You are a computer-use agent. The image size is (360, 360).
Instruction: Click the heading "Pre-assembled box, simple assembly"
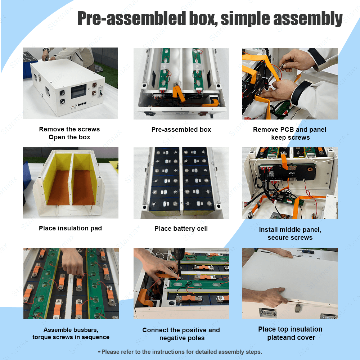click(x=210, y=19)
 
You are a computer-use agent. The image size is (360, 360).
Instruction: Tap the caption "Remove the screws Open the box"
click(x=69, y=133)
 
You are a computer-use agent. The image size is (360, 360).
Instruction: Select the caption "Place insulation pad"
click(x=70, y=228)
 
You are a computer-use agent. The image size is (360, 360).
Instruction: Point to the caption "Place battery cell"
click(x=181, y=229)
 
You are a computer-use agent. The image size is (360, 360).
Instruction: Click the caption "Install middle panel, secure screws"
click(x=290, y=234)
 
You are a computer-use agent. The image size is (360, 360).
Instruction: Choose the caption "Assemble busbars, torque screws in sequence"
click(x=71, y=333)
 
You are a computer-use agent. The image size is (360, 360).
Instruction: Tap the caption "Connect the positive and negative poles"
click(x=181, y=334)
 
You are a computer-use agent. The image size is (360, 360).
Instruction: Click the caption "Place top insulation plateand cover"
click(x=290, y=333)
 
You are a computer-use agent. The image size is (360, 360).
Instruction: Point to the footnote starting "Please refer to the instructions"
click(x=180, y=352)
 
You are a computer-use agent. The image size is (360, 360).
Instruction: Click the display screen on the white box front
click(x=78, y=91)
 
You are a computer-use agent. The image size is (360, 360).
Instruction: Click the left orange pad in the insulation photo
click(x=58, y=188)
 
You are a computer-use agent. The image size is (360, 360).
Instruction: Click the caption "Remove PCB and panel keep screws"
click(x=290, y=134)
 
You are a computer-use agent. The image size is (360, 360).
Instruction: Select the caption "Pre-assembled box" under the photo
click(x=181, y=130)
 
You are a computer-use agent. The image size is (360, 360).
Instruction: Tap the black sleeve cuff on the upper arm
click(x=317, y=56)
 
